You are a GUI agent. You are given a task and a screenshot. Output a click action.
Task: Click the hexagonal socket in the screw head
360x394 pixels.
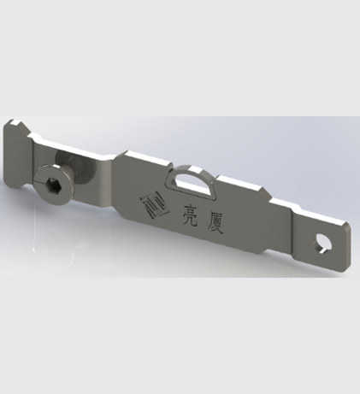(52, 183)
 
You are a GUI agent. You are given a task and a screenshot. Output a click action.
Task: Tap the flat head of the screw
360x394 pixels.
(53, 181)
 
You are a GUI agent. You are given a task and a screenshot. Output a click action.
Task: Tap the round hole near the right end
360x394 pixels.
(322, 244)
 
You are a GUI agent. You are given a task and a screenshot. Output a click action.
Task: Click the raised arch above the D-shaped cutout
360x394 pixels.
(191, 172)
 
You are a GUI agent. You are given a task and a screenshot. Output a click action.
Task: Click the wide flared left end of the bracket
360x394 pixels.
(17, 154)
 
